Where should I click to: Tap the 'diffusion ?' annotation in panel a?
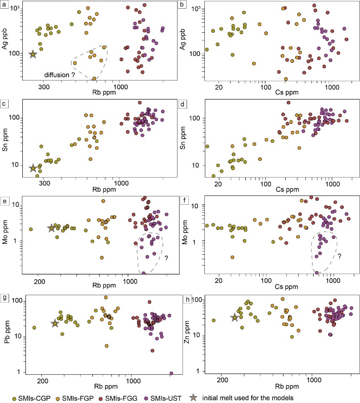click(x=59, y=74)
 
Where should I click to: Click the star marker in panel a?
click(x=33, y=55)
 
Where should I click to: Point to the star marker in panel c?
click(x=33, y=169)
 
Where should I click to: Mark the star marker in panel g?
click(x=55, y=323)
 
